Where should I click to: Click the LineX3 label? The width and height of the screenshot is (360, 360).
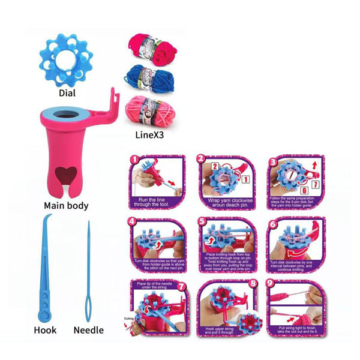[146, 136]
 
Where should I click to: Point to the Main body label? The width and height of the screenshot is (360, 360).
[66, 205]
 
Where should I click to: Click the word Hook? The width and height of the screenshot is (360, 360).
[45, 329]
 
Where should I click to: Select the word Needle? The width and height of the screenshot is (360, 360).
[88, 329]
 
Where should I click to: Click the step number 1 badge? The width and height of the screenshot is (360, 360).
[134, 160]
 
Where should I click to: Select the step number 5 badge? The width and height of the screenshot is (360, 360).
[202, 221]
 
